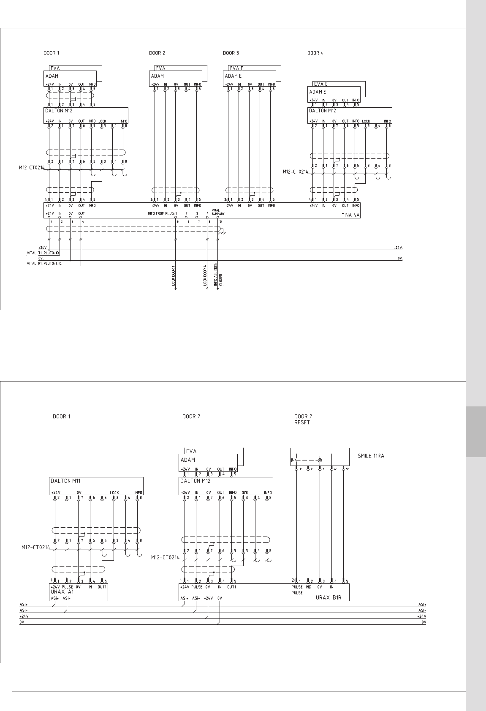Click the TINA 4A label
tap(350, 215)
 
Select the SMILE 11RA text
tap(371, 456)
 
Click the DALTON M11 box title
tap(65, 481)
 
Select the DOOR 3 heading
tap(231, 53)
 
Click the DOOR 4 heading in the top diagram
tap(315, 53)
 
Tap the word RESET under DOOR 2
tap(302, 422)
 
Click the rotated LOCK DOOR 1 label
tap(174, 276)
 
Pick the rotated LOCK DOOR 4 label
tap(205, 275)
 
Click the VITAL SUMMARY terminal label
tap(218, 212)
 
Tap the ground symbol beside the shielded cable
tap(223, 232)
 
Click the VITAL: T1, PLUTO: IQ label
tap(43, 253)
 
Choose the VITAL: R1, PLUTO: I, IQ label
tap(44, 264)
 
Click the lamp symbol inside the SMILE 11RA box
tap(320, 460)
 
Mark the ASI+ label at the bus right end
tap(422, 605)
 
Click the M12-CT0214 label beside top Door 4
tap(295, 172)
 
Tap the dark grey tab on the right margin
tap(476, 431)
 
